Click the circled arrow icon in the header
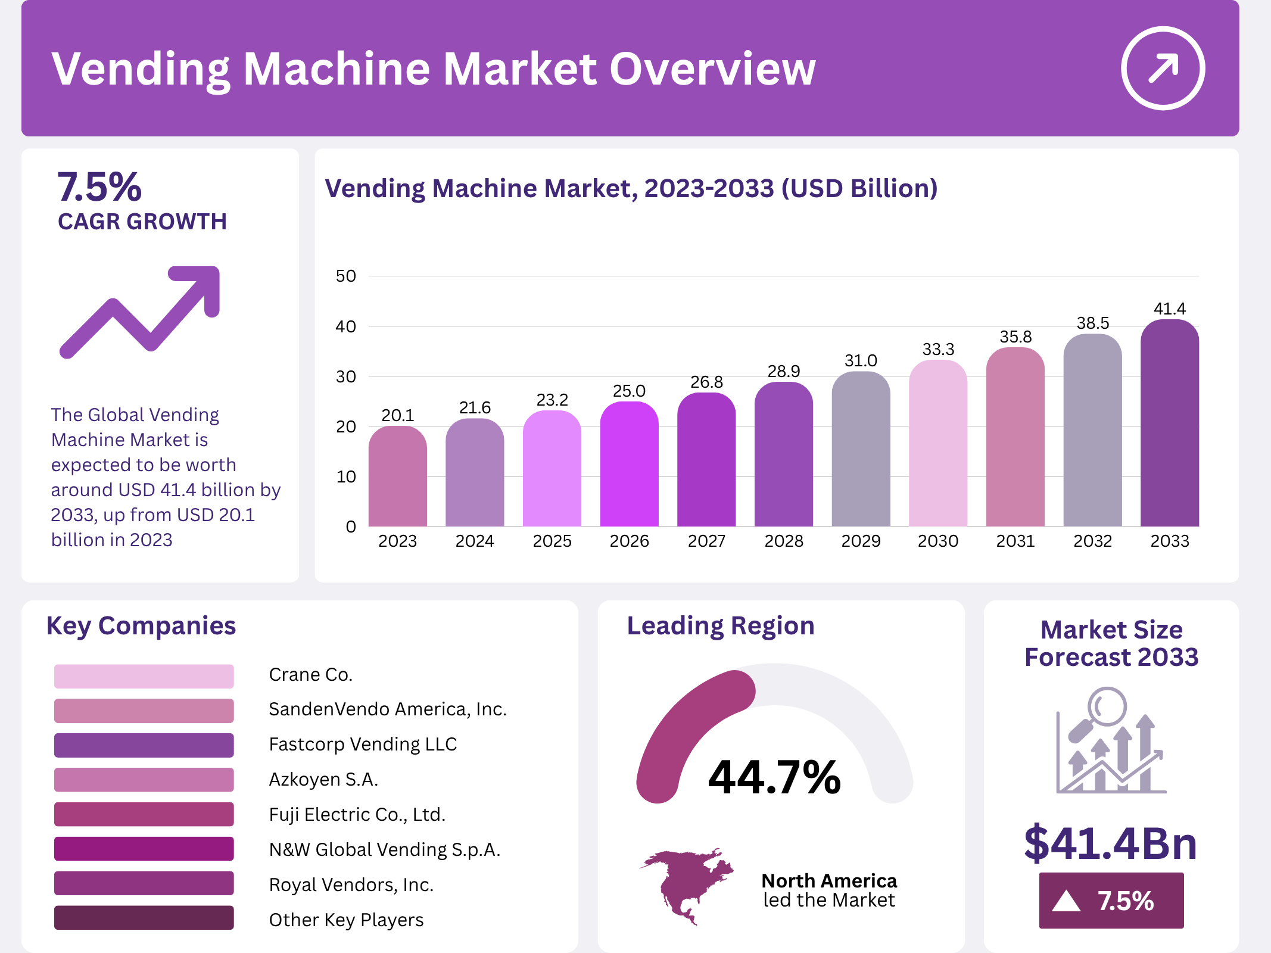pyautogui.click(x=1163, y=68)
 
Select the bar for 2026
pyautogui.click(x=629, y=465)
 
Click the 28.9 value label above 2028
pyautogui.click(x=784, y=371)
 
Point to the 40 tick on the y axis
pyautogui.click(x=345, y=326)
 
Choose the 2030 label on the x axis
pyautogui.click(x=938, y=541)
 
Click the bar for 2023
pyautogui.click(x=397, y=476)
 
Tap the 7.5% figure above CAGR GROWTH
pyautogui.click(x=99, y=187)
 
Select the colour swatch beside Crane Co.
pyautogui.click(x=144, y=676)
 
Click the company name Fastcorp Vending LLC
pyautogui.click(x=363, y=745)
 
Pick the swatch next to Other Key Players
pyautogui.click(x=144, y=918)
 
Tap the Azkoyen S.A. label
pyautogui.click(x=323, y=779)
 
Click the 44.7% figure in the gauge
pyautogui.click(x=774, y=777)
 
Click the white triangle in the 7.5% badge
pyautogui.click(x=1066, y=901)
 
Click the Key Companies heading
pyautogui.click(x=141, y=626)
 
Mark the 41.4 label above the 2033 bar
pyautogui.click(x=1169, y=309)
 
